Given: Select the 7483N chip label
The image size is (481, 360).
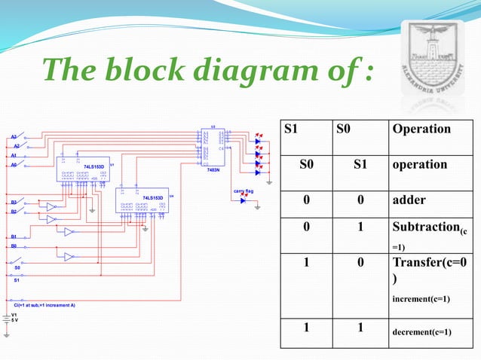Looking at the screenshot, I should pos(213,170).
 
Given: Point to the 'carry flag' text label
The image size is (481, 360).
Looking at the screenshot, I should pos(243,191).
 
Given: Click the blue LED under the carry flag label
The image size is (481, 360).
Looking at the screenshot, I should pos(243,200).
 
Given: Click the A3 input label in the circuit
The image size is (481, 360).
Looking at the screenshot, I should pos(14,137).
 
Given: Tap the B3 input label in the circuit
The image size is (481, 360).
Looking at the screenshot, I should pos(14,202).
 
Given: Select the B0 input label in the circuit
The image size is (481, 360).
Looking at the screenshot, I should pos(14,246).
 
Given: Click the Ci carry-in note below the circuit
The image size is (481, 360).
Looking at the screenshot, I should pos(44,304).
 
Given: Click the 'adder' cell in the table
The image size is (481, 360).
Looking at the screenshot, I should pos(409,200).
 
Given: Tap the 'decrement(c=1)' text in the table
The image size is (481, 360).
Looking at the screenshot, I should pos(421,330).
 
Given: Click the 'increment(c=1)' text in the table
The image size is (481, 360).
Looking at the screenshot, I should pos(421,298).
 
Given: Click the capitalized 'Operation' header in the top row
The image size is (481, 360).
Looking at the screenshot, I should pos(421,128).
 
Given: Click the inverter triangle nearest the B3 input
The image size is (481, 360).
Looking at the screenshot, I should pos(51,206).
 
